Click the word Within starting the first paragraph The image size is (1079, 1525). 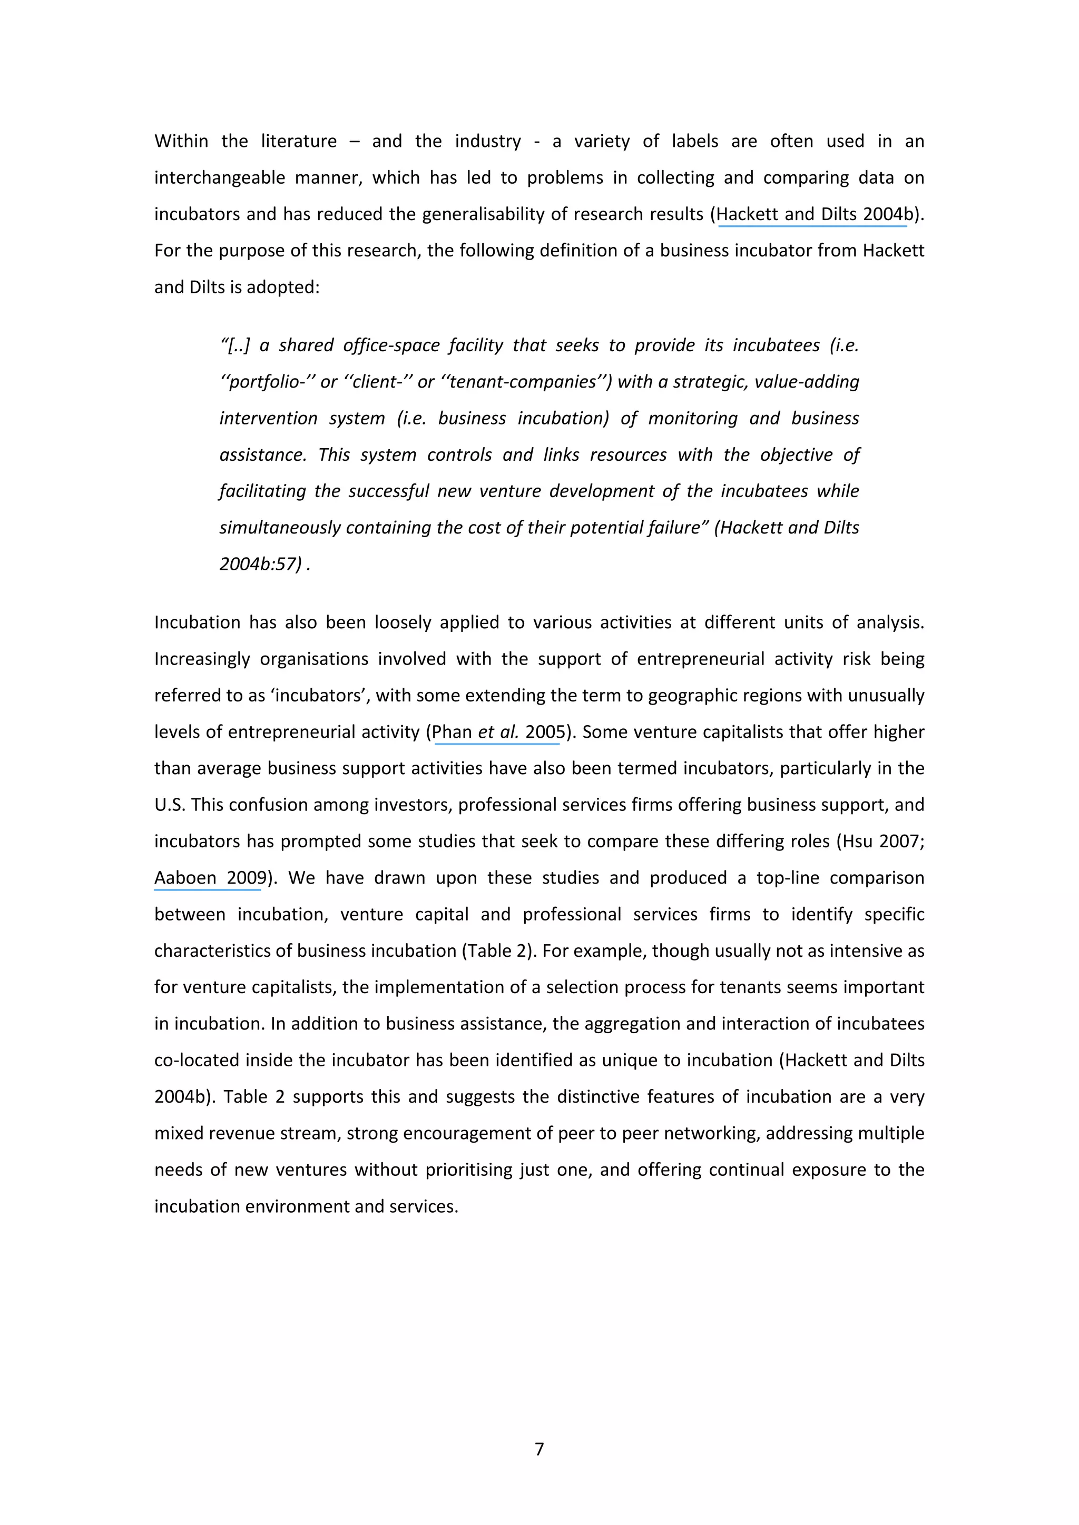[x=181, y=142]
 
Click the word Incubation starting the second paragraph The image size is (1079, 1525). [x=197, y=622]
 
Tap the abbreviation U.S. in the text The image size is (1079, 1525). [x=170, y=805]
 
